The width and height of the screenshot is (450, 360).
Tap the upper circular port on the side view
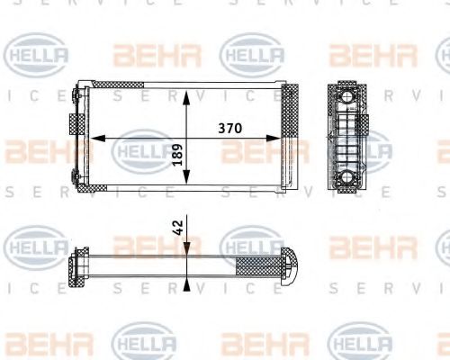coord(346,96)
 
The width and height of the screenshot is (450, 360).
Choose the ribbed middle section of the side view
coord(346,139)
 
